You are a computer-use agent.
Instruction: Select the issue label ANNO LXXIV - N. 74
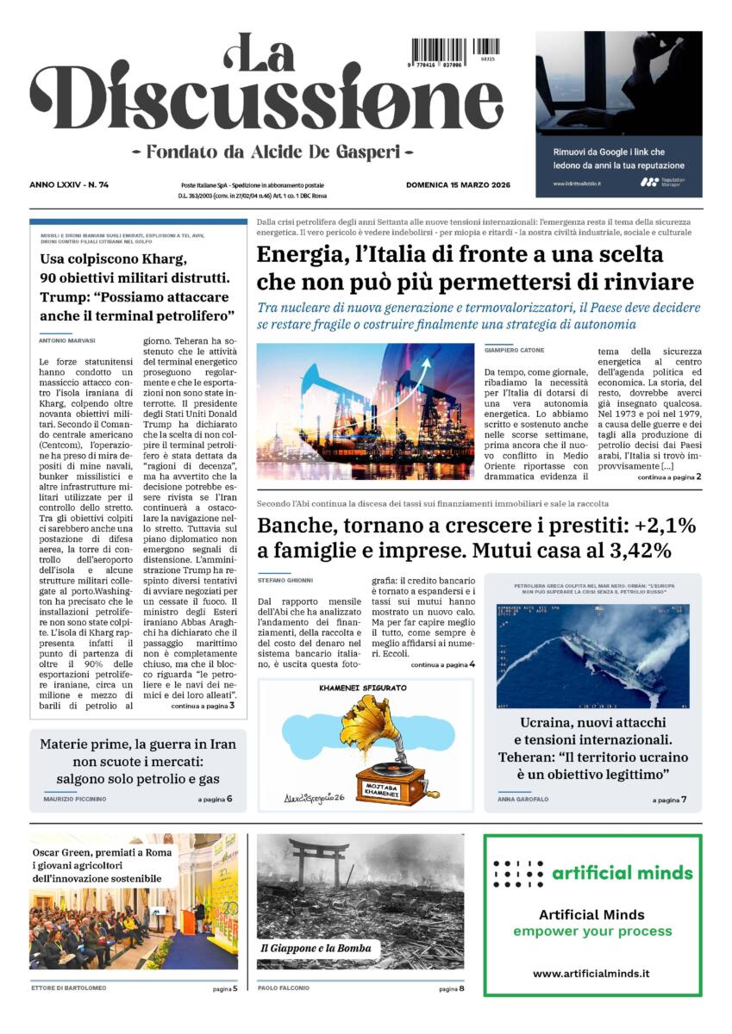[75, 184]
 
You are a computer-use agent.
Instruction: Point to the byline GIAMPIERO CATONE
[514, 350]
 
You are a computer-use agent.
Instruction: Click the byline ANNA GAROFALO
[523, 800]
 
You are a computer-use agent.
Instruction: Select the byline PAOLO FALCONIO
[284, 987]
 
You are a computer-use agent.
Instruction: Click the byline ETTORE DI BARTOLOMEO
[69, 987]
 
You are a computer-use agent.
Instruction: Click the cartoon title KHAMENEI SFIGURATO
[363, 688]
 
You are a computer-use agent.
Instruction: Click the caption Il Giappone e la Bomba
[317, 948]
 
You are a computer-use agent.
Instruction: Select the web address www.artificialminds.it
[591, 973]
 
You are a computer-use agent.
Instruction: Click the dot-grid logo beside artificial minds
[518, 874]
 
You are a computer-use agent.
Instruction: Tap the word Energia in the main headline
[298, 255]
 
